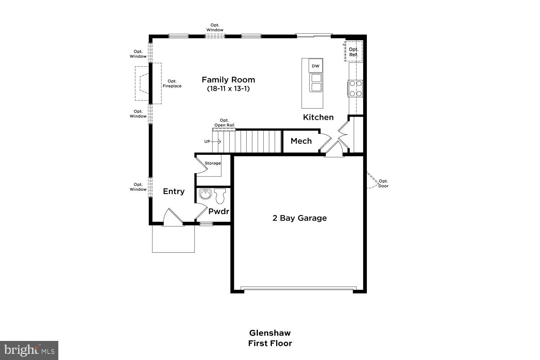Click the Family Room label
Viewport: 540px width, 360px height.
pyautogui.click(x=228, y=80)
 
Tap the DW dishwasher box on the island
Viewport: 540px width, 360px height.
pyautogui.click(x=315, y=66)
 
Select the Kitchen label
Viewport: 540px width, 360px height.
pyautogui.click(x=318, y=117)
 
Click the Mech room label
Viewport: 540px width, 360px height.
pyautogui.click(x=301, y=141)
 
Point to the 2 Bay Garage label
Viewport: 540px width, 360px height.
pyautogui.click(x=300, y=218)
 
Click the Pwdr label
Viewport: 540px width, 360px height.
pyautogui.click(x=219, y=212)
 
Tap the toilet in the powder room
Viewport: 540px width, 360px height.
pyautogui.click(x=220, y=196)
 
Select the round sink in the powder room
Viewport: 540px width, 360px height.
pyautogui.click(x=205, y=195)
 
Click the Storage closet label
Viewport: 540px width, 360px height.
pyautogui.click(x=213, y=163)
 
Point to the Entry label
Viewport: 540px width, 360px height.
pyautogui.click(x=174, y=192)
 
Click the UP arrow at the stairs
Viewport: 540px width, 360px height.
pyautogui.click(x=212, y=141)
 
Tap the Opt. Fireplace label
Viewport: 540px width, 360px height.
pyautogui.click(x=172, y=84)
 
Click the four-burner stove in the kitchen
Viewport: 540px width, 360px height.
pyautogui.click(x=355, y=88)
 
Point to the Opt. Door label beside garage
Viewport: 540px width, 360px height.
pyautogui.click(x=383, y=184)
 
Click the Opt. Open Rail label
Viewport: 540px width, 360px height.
pyautogui.click(x=224, y=123)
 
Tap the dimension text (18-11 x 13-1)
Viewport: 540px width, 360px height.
pyautogui.click(x=228, y=89)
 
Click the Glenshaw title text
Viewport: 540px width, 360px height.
pyautogui.click(x=270, y=333)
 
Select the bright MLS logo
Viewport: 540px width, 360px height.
pyautogui.click(x=29, y=350)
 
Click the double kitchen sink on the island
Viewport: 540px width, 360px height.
pyautogui.click(x=316, y=83)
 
